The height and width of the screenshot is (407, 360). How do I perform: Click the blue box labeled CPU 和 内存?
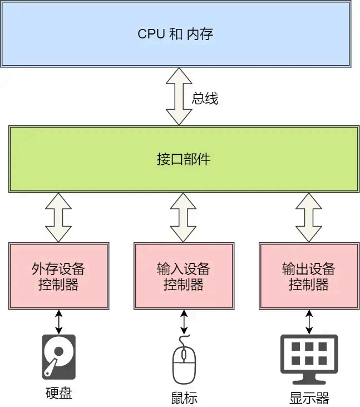coord(176,33)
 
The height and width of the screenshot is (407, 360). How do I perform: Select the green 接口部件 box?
coord(184,160)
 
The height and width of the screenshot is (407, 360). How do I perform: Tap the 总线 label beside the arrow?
coord(205,99)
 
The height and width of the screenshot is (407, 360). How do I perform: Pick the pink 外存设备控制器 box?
coord(58,276)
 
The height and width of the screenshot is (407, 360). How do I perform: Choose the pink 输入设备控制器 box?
coord(184,276)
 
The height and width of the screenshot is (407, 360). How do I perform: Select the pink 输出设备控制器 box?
coord(309,276)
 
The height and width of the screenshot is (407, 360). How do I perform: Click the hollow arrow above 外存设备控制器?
coord(58,217)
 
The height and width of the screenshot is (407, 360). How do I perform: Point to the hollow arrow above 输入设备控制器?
coord(184,217)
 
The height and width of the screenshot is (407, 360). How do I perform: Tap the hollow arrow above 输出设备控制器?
coord(309,217)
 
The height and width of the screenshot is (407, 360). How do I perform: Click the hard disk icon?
coord(58,357)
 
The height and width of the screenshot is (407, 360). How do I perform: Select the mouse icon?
coord(184,361)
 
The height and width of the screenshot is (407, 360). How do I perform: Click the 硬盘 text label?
coord(58,393)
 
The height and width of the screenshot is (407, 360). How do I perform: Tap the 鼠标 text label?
coord(184,398)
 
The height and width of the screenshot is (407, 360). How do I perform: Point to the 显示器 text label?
coord(309,398)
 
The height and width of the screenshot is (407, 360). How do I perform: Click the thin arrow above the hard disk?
coord(58,321)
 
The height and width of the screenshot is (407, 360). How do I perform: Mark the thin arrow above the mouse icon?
coord(184,321)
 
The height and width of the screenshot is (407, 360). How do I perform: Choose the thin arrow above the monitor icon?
coord(309,321)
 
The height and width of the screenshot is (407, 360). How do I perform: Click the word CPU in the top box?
coord(150,34)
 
